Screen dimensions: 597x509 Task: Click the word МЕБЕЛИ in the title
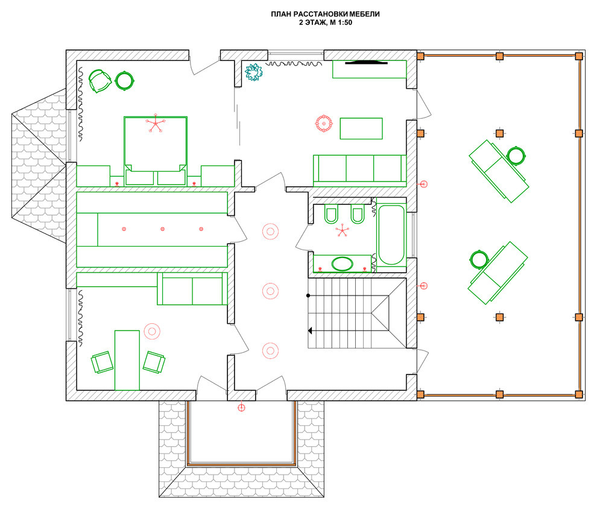pos(364,14)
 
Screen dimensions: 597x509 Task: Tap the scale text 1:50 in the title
pos(344,22)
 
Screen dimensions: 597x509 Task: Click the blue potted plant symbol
pos(254,72)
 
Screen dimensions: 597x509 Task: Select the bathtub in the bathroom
pos(391,235)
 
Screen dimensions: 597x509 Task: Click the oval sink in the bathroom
pos(343,264)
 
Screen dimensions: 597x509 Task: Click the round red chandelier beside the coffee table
pos(324,124)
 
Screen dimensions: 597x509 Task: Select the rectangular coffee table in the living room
pos(361,128)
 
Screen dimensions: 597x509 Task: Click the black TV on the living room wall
pos(366,62)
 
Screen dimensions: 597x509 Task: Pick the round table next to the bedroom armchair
pos(124,81)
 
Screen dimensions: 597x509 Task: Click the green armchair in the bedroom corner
pos(99,81)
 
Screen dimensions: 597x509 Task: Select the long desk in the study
pos(127,360)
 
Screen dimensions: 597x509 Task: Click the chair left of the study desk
pos(102,362)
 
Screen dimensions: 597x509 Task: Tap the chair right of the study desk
pos(154,362)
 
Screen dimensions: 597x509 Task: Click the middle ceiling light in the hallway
pos(270,291)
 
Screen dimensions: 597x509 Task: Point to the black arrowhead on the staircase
pos(310,330)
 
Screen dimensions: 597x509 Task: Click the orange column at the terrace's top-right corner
pos(579,56)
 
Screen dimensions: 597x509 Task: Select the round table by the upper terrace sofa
pos(516,156)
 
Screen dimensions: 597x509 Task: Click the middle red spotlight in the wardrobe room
pos(163,229)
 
